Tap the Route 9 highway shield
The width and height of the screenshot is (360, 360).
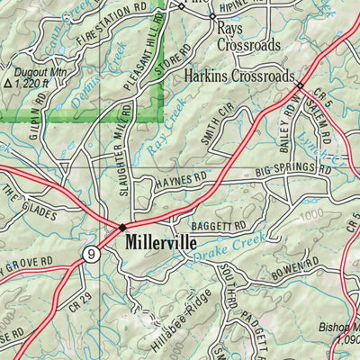[x=91, y=256]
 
